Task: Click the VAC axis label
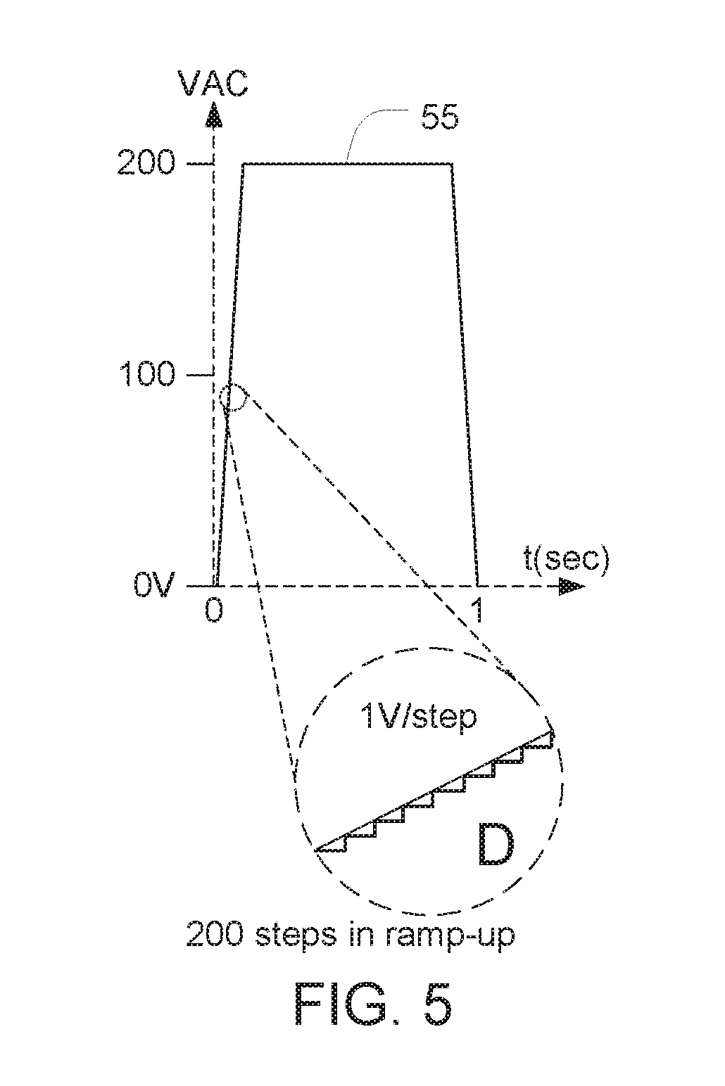coord(213,83)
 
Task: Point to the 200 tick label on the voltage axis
coord(146,162)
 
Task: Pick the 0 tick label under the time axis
coord(214,610)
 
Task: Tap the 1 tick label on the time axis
coord(479,610)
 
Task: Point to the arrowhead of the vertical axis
coord(213,115)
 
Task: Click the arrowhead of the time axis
coord(572,586)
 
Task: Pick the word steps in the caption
coord(296,933)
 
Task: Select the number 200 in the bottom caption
coord(214,933)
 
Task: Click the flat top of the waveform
coord(348,164)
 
